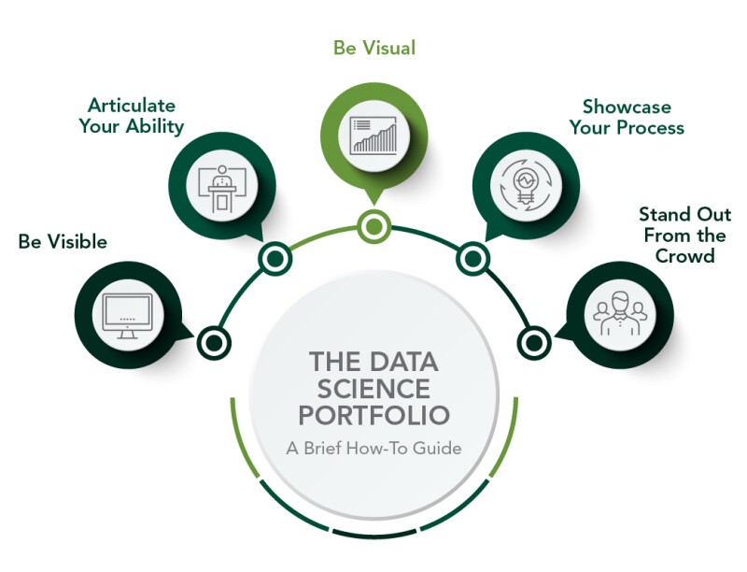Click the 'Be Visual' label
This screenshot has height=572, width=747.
[374, 46]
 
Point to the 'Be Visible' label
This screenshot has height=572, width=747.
[63, 242]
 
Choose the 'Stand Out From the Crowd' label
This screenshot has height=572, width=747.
[684, 235]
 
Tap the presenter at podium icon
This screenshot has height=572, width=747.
[222, 183]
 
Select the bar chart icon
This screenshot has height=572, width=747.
[373, 135]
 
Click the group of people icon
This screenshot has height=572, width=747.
[619, 312]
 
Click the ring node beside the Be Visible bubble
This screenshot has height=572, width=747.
[214, 341]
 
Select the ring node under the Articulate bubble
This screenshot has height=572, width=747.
[275, 258]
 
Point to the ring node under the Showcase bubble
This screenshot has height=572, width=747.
[472, 258]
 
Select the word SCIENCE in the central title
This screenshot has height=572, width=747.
[373, 387]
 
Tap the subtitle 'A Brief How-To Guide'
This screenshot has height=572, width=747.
[373, 448]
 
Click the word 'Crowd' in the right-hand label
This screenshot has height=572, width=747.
[684, 255]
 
